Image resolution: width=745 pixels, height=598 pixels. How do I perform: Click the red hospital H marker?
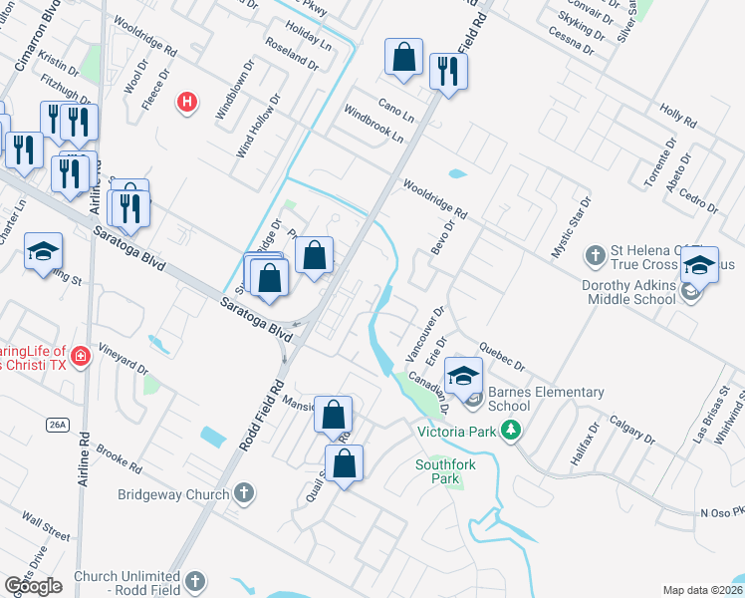[x=185, y=101]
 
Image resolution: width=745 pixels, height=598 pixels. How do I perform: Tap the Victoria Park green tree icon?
[x=512, y=431]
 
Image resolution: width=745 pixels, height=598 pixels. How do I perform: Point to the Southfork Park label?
[x=438, y=470]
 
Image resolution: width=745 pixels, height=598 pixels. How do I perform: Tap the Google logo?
[x=33, y=586]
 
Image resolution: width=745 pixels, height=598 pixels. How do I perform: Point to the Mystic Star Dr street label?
[x=572, y=229]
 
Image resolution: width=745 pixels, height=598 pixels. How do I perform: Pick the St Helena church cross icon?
[x=595, y=255]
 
